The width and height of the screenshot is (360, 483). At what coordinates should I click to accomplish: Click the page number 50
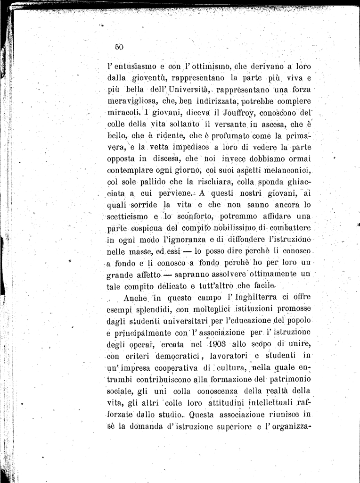tap(118, 47)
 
